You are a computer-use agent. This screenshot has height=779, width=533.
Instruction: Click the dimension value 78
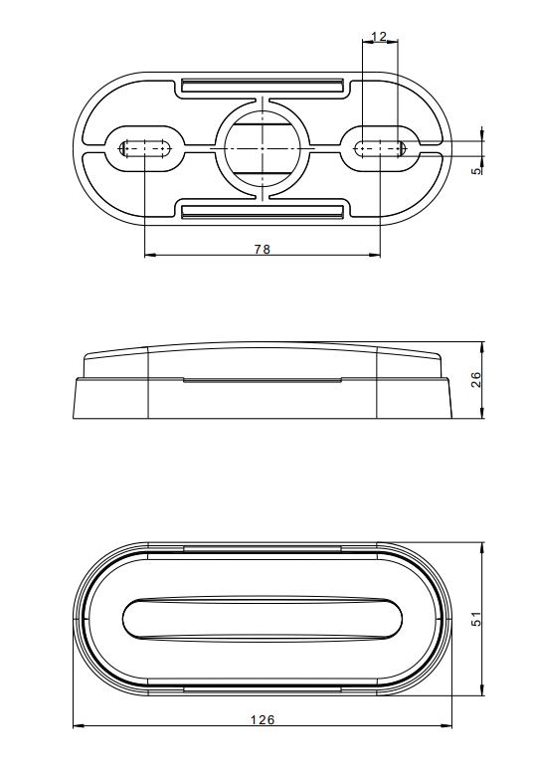point(263,249)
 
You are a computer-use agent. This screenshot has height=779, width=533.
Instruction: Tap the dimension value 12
point(379,36)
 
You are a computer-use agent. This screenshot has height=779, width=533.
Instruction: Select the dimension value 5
point(476,171)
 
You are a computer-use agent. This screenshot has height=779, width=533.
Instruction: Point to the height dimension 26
point(476,380)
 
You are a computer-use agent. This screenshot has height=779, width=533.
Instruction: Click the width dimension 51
point(476,619)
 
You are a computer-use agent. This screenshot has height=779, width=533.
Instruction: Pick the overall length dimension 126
point(263,719)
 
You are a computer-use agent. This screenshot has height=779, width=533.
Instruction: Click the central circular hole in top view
point(263,148)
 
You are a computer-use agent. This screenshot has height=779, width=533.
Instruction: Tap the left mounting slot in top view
point(144,148)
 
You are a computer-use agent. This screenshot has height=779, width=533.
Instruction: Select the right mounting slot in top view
point(381,148)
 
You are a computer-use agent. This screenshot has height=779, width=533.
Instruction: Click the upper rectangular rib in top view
point(263,86)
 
